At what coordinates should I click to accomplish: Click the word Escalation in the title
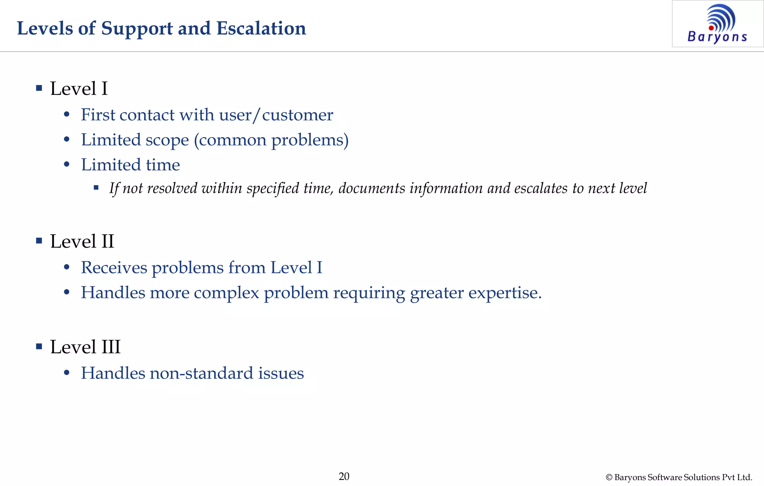(261, 28)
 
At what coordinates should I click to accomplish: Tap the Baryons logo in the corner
(717, 24)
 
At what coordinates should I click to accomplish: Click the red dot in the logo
(711, 28)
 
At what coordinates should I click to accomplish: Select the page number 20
(344, 476)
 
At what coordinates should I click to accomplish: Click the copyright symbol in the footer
(609, 477)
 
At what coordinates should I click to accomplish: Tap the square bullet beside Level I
(39, 88)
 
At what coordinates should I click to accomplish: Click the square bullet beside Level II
(39, 241)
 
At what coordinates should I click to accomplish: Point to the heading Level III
(85, 347)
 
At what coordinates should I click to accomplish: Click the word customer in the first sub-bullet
(297, 115)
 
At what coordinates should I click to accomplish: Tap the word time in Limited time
(163, 165)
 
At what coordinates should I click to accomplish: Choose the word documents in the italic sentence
(372, 188)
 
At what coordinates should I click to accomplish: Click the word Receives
(114, 267)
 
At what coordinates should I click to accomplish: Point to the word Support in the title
(137, 28)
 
